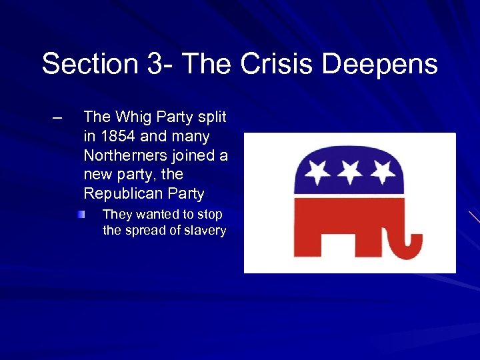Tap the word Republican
point(122,194)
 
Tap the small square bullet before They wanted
point(81,215)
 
